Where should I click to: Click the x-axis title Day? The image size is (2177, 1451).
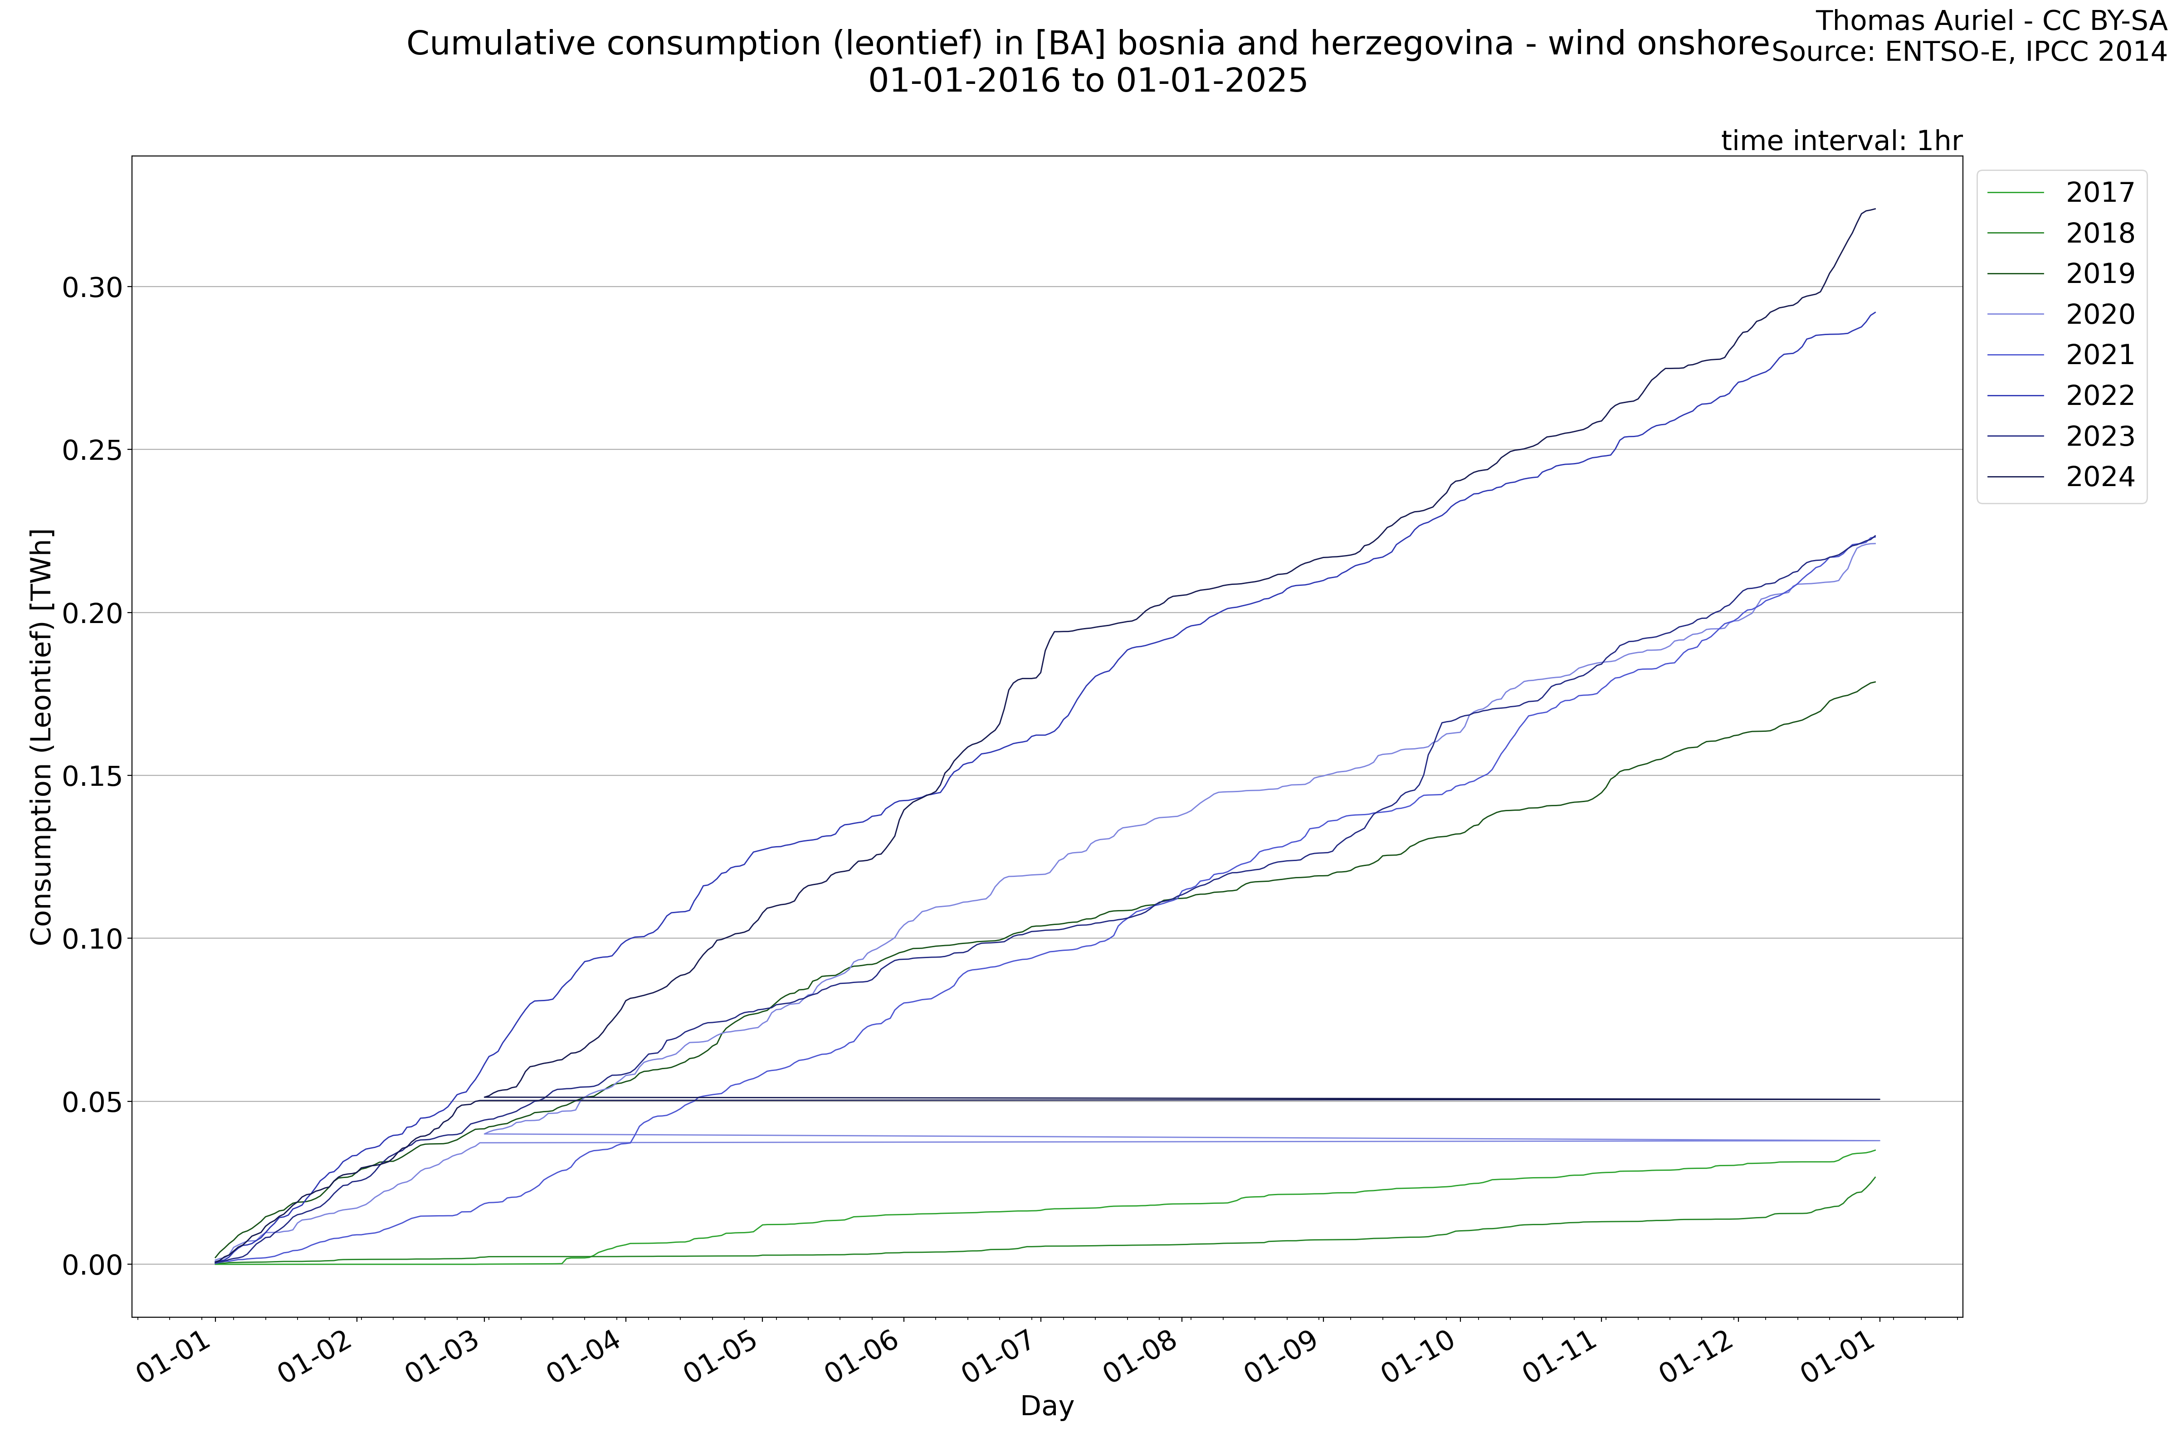(1047, 1407)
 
